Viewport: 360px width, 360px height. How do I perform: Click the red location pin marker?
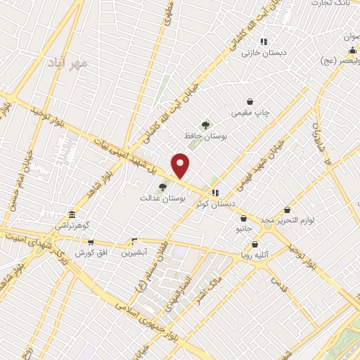181,165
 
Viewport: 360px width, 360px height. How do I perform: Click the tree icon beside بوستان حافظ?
206,124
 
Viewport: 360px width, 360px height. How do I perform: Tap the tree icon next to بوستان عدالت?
162,187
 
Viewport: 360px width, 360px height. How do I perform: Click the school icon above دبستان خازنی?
264,41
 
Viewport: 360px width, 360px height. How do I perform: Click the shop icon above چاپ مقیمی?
250,101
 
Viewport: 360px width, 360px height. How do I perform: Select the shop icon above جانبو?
243,217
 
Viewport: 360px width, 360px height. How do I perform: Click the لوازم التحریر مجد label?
288,221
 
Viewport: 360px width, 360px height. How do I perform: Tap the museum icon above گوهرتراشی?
72,215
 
